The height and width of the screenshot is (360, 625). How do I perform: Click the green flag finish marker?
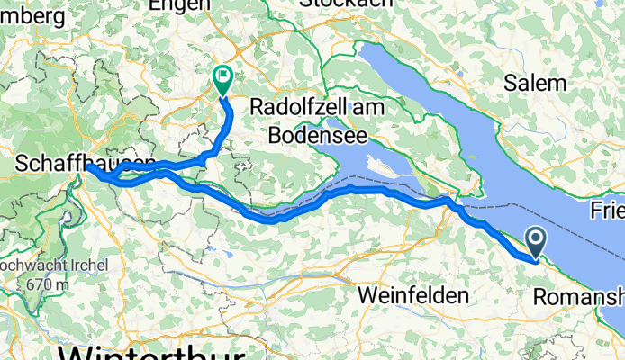tap(222, 79)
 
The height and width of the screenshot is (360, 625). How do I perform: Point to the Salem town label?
tap(536, 84)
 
